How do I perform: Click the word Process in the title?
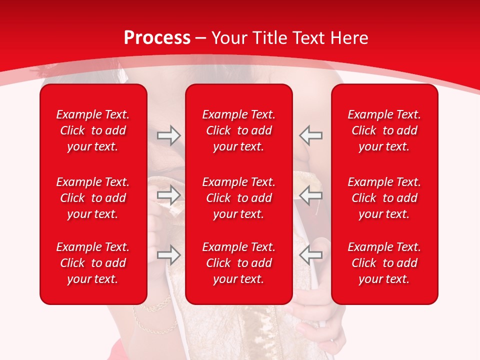[157, 38]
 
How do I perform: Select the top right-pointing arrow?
[168, 135]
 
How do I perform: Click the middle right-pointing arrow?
[168, 195]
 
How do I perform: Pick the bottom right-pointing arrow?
[168, 255]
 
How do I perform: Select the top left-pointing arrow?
[311, 135]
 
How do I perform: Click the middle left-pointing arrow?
[311, 195]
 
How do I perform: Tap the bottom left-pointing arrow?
[311, 255]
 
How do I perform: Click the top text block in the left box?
[93, 130]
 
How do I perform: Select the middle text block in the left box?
[93, 198]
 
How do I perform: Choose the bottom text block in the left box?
[93, 263]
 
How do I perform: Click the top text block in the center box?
[239, 130]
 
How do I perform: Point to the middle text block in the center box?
[239, 198]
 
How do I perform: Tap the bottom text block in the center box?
[239, 263]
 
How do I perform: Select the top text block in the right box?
[384, 130]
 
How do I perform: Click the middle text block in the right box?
[384, 198]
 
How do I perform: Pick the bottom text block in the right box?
[384, 263]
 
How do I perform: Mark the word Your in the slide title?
[229, 38]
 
